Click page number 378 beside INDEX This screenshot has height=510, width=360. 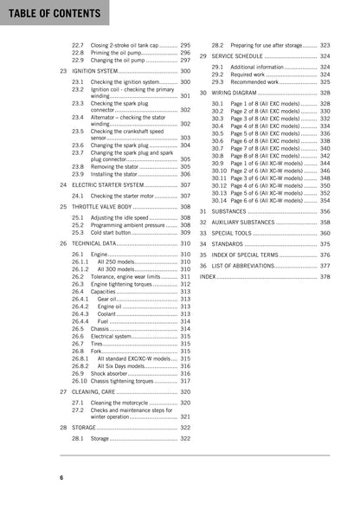(325, 277)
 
